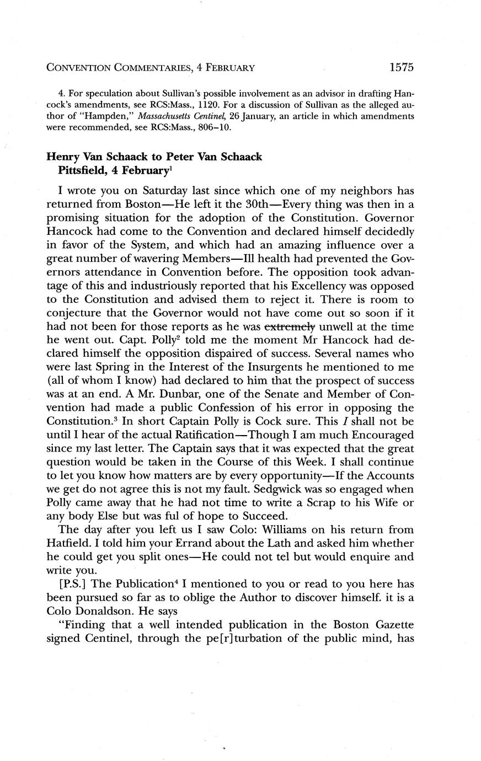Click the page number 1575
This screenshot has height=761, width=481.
(401, 68)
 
